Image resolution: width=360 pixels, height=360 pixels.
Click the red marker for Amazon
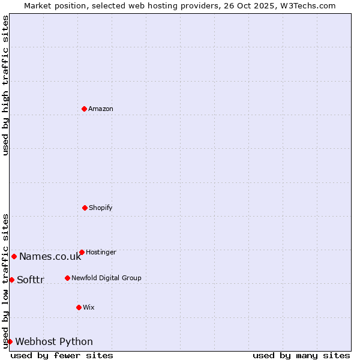tap(84, 109)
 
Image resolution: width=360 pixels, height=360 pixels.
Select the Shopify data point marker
tap(85, 208)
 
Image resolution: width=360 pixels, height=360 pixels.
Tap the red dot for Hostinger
tap(82, 252)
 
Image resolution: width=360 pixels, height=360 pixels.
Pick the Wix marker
tap(79, 307)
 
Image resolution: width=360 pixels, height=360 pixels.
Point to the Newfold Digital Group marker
tap(67, 278)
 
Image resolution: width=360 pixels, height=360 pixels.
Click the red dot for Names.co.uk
tap(14, 256)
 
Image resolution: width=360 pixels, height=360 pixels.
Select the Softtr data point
tap(11, 280)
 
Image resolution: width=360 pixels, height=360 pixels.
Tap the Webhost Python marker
tap(10, 341)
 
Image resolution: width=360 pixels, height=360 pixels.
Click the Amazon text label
tap(101, 109)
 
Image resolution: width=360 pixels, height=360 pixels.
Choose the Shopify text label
tap(101, 208)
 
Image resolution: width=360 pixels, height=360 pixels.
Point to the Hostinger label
tap(101, 252)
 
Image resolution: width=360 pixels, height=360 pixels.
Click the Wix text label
tap(89, 307)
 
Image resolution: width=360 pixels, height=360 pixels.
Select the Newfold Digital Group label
tap(106, 278)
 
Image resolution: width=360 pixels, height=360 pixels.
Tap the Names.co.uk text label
tap(50, 257)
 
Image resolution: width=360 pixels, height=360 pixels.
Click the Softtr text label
tap(31, 280)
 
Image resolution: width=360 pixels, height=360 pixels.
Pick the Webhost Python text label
tap(54, 342)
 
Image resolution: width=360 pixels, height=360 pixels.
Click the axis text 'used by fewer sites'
tap(62, 355)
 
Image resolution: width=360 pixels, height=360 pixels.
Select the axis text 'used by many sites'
tap(301, 355)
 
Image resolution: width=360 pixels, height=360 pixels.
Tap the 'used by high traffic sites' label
tap(5, 86)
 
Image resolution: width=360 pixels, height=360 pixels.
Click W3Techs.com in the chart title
tap(305, 5)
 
